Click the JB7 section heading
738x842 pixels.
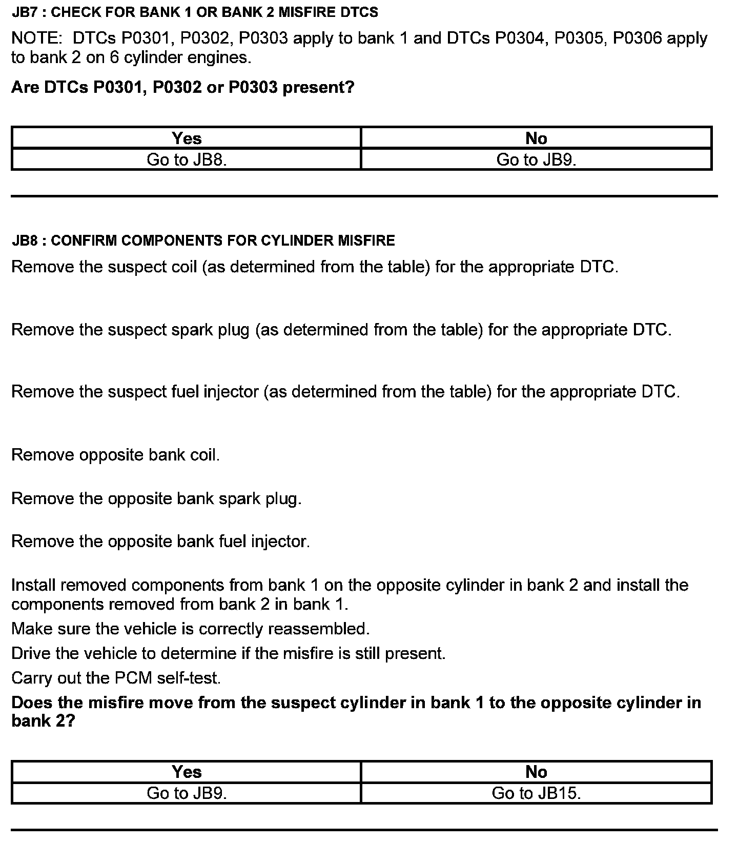coord(195,13)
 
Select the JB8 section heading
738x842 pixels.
coord(203,240)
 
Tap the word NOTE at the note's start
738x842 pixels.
coord(38,38)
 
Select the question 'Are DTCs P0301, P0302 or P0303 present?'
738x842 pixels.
coord(182,88)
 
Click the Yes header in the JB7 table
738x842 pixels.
coord(187,138)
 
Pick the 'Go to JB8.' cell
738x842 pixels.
coord(187,160)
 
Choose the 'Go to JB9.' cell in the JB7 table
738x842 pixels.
coord(536,160)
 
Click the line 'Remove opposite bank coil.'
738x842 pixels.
coord(115,455)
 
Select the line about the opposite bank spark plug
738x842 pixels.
coord(156,498)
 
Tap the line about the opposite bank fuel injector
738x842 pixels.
coord(160,542)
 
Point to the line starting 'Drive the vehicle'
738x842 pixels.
coord(228,654)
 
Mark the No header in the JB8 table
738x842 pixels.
coord(536,772)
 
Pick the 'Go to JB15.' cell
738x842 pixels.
coord(536,793)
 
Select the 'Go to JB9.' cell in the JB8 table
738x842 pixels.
coord(187,793)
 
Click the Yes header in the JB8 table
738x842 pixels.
coord(187,772)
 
